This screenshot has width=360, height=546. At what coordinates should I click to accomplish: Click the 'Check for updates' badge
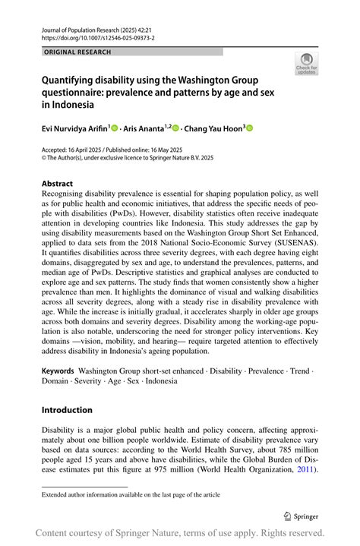[x=307, y=64]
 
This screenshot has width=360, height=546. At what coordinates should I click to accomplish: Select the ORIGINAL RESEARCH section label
[x=78, y=52]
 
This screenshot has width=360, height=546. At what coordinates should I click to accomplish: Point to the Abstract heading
[x=58, y=184]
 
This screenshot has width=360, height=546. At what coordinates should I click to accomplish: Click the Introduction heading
[x=67, y=410]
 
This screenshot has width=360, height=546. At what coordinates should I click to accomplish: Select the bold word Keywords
[x=58, y=373]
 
